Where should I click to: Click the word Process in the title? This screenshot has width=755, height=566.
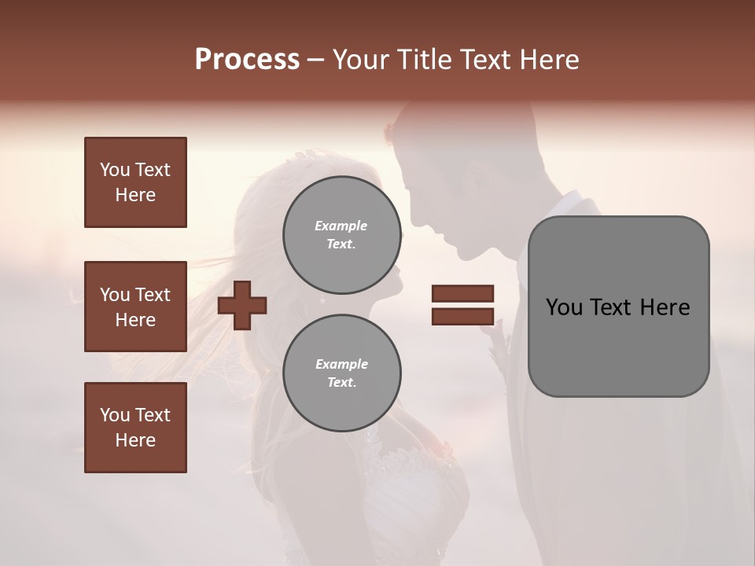coord(247,60)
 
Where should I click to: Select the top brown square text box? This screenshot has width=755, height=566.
coord(135,182)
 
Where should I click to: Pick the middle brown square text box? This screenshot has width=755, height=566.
coord(135,307)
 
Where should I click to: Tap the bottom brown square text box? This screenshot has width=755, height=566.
coord(135,428)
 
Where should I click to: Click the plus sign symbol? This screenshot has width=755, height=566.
coord(242,304)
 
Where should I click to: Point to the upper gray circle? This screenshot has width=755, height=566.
coord(342,235)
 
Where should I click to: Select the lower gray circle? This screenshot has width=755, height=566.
coord(342,373)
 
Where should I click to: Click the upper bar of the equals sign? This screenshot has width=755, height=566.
coord(462,294)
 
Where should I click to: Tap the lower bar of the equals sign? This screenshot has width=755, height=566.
coord(462,316)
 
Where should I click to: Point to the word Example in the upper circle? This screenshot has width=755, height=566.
coord(341,226)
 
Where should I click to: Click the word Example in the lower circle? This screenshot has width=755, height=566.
coord(341,364)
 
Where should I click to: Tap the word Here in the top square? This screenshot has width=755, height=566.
coord(135,195)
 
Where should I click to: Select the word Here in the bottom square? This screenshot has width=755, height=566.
coord(135,440)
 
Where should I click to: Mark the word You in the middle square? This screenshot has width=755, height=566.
coord(114,295)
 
